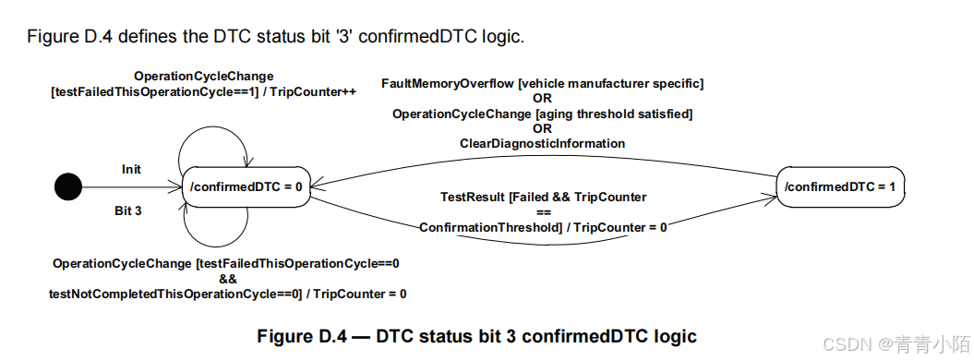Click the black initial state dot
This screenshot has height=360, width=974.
(x=67, y=187)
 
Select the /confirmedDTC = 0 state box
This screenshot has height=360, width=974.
(x=247, y=186)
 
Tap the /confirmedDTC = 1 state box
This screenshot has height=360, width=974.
(x=839, y=186)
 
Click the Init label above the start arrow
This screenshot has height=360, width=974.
(x=131, y=170)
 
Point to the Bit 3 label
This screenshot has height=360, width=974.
(x=129, y=210)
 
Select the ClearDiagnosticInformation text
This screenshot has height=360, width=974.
(x=542, y=144)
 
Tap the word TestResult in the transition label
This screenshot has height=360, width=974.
(x=470, y=197)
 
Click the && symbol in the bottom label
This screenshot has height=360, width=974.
(x=228, y=278)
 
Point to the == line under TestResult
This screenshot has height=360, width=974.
(x=543, y=211)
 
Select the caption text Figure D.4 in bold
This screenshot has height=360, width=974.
(x=300, y=337)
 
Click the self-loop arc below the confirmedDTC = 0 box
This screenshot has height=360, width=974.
(x=216, y=230)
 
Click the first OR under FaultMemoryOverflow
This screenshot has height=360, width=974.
(x=542, y=99)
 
